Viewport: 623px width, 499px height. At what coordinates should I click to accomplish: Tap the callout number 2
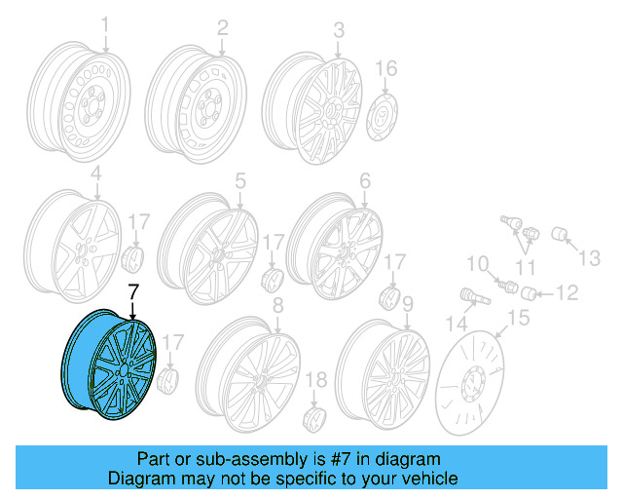[222, 27]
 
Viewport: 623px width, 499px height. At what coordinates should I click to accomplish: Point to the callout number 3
[338, 31]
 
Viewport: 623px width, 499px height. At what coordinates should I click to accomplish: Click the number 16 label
[386, 68]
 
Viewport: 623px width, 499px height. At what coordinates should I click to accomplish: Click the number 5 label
[239, 179]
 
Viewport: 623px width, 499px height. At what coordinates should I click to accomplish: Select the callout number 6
[365, 181]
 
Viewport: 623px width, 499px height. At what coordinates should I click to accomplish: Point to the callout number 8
[277, 307]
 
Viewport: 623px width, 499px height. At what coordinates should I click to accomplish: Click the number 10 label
[476, 263]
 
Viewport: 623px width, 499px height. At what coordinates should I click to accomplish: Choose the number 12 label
[566, 291]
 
